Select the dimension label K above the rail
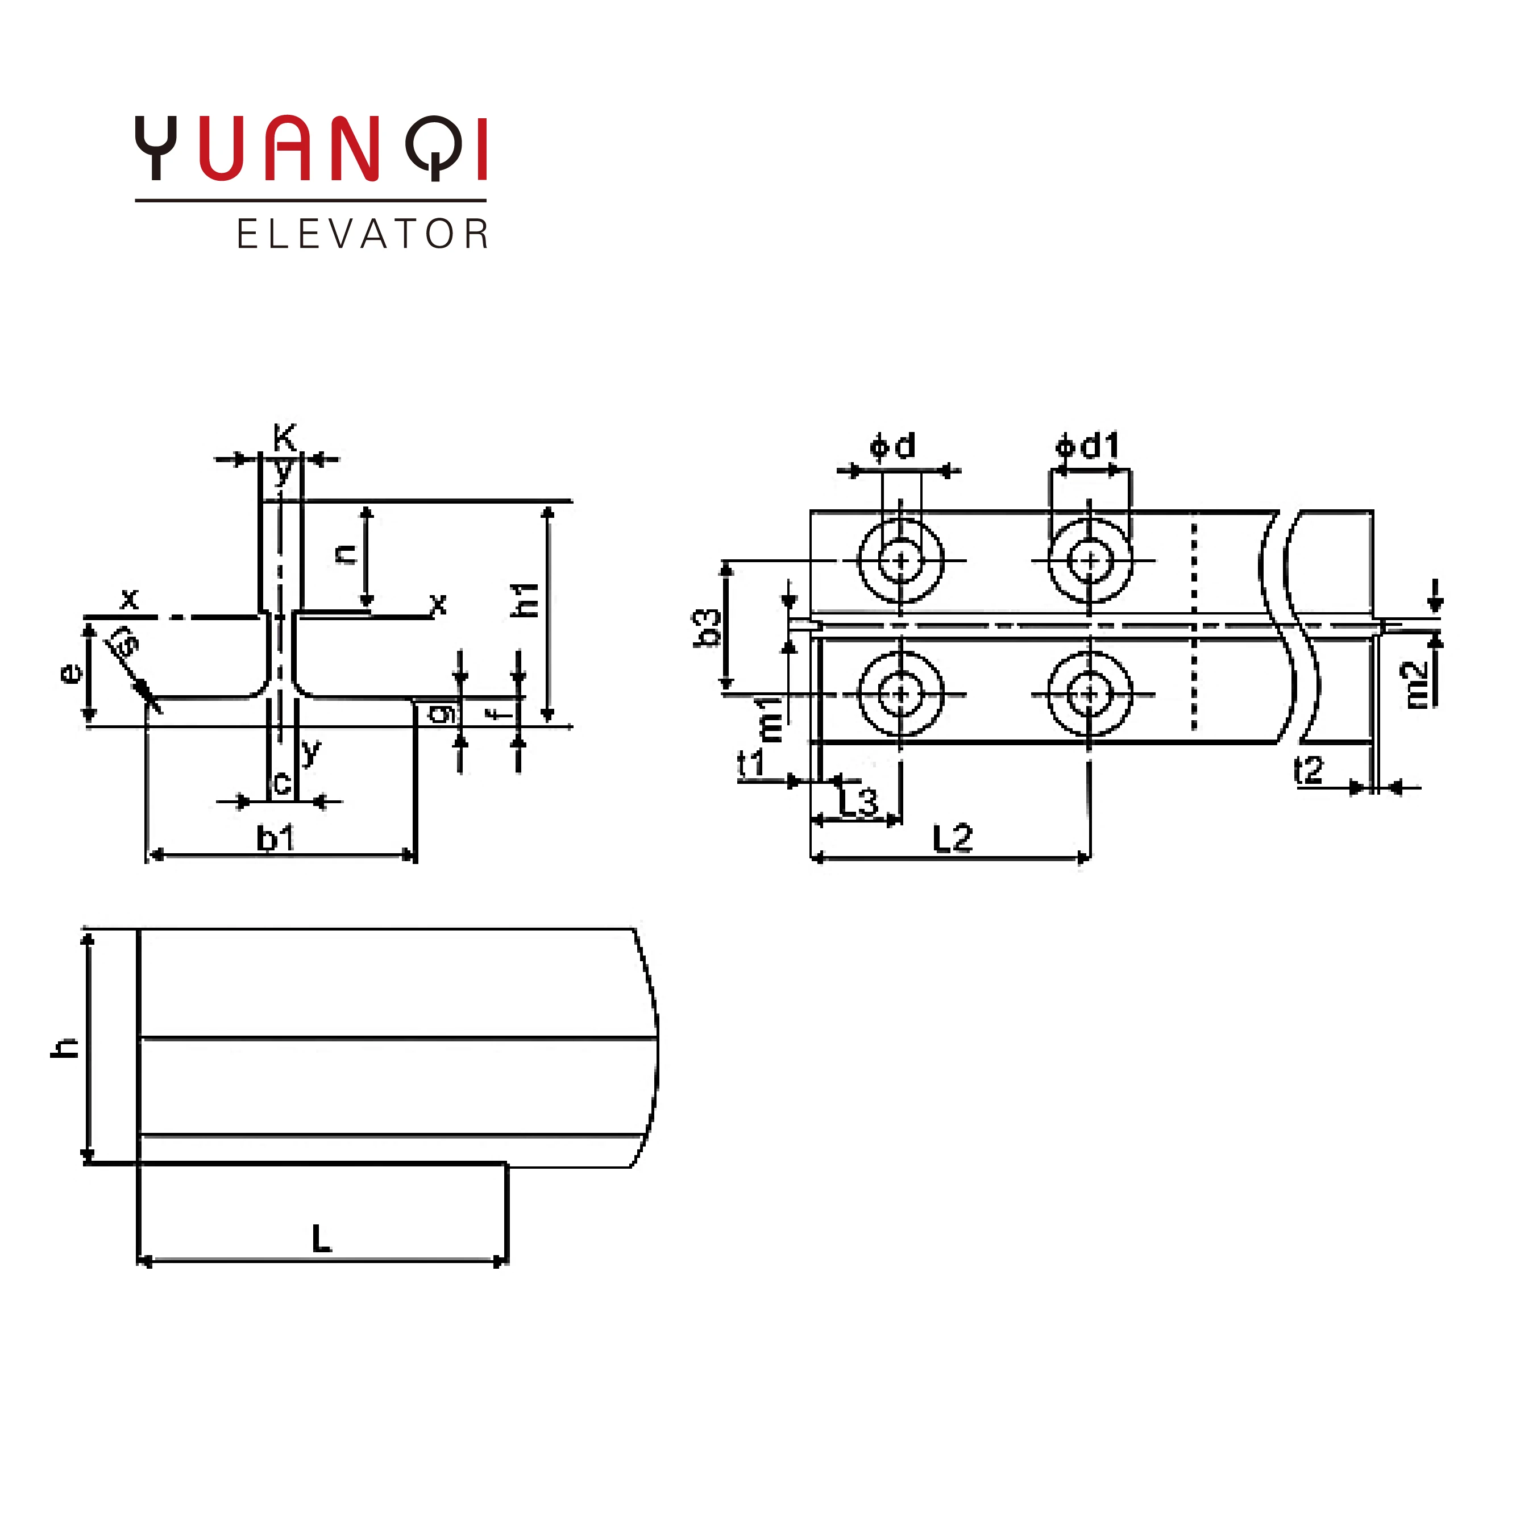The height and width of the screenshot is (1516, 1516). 284,437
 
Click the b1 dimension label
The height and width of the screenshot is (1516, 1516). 276,840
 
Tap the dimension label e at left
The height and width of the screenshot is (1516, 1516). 70,672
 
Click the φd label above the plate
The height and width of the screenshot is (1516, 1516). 893,446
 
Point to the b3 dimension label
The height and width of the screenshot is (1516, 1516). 708,627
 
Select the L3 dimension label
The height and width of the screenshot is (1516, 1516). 858,802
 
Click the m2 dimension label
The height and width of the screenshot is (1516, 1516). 1417,684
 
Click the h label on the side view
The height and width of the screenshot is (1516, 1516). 64,1048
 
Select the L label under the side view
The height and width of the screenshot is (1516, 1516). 322,1239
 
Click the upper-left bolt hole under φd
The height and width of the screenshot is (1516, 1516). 901,561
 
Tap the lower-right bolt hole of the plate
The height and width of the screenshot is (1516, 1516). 1089,693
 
